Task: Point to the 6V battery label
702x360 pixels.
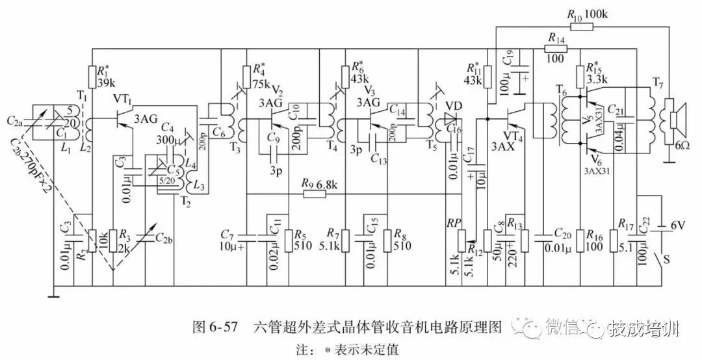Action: pyautogui.click(x=677, y=225)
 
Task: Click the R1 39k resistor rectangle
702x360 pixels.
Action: pyautogui.click(x=92, y=77)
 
